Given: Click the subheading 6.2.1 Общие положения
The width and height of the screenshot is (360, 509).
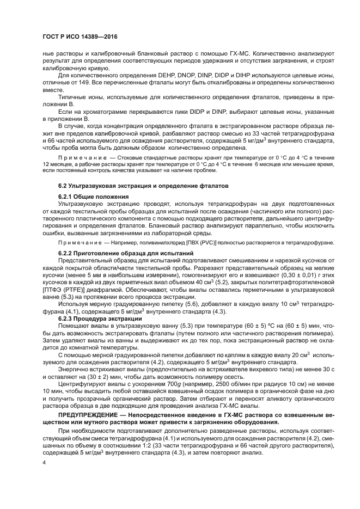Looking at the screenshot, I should click(x=94, y=196).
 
